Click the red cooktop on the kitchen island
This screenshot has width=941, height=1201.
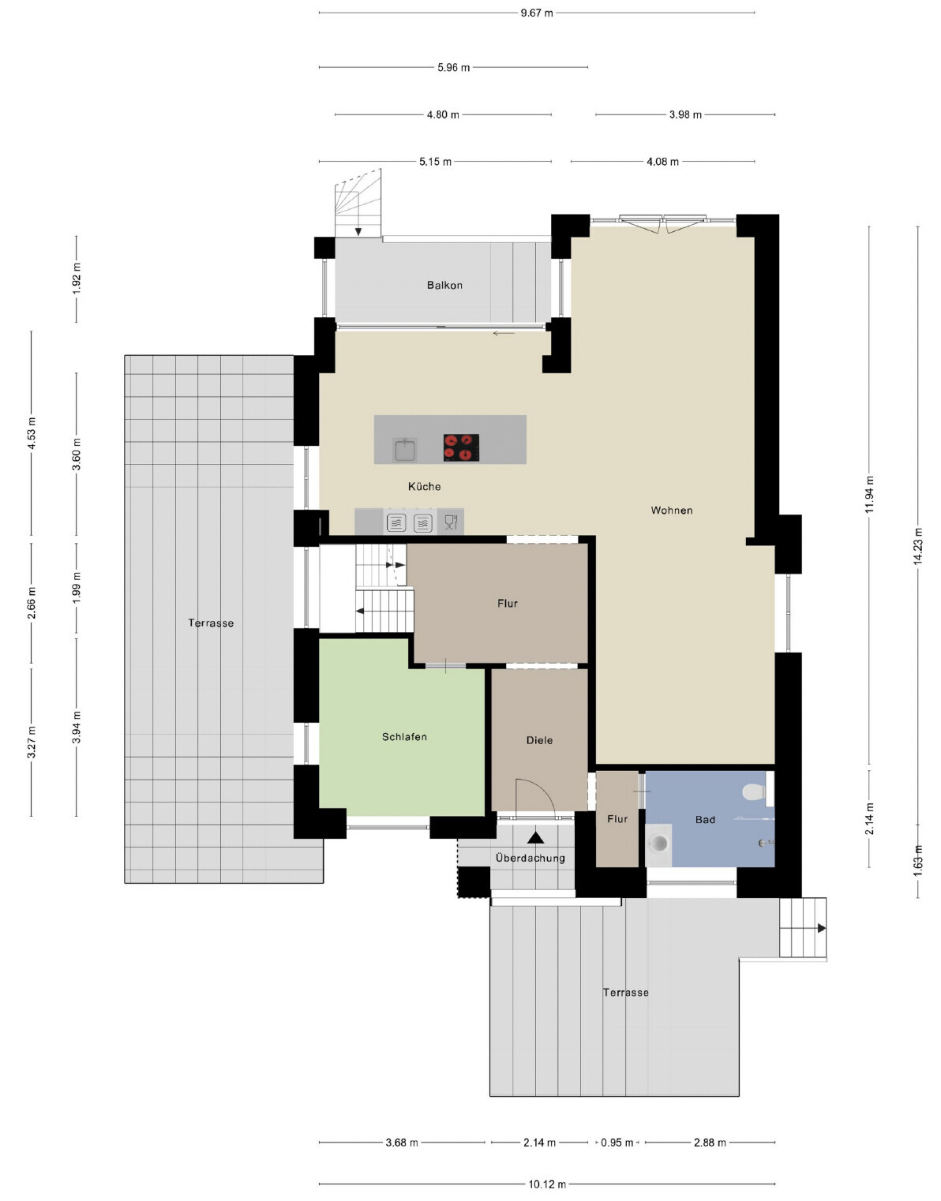(460, 447)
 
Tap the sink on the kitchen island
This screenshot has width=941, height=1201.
(405, 449)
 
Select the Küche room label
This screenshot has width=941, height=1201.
(424, 486)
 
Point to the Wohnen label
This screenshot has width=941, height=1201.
(671, 510)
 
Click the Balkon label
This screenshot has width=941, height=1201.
(444, 285)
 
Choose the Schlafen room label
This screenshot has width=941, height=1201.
(404, 737)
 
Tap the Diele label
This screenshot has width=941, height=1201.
(539, 740)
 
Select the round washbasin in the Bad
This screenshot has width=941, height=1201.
(660, 844)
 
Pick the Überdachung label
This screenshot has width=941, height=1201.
(530, 858)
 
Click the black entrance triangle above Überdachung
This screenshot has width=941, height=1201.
(535, 838)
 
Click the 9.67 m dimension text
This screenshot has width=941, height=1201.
(536, 13)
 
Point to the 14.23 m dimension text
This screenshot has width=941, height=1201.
(918, 546)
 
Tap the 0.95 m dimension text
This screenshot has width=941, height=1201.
(617, 1143)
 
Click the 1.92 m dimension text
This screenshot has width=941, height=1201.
(77, 278)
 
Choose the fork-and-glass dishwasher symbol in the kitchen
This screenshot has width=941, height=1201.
(451, 522)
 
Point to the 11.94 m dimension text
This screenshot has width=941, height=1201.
(869, 494)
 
